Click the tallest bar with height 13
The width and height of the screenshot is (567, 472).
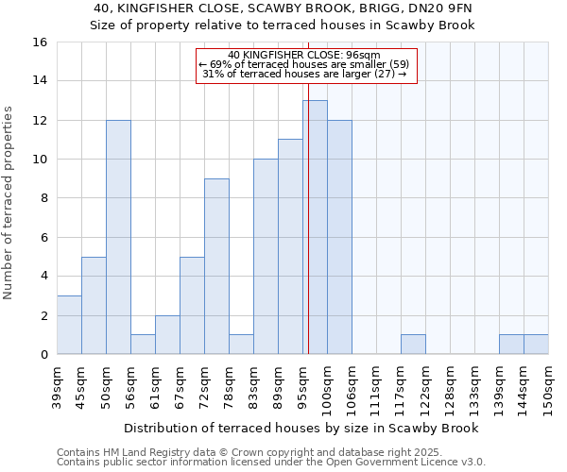click(315, 227)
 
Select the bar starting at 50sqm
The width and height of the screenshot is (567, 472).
click(118, 237)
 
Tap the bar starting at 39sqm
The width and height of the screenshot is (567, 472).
click(69, 325)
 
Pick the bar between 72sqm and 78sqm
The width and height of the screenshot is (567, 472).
click(216, 266)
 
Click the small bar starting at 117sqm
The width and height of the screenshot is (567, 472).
click(413, 345)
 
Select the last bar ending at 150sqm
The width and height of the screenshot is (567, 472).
click(536, 345)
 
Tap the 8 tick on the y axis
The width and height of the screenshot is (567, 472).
click(43, 198)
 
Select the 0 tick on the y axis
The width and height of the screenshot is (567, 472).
click(43, 355)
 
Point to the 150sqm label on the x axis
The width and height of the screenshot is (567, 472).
click(548, 387)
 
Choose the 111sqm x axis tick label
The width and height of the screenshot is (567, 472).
click(376, 387)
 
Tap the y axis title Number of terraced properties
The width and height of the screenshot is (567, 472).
click(9, 202)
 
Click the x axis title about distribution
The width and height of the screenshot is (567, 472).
click(301, 428)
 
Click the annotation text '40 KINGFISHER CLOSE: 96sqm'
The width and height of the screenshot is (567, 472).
click(304, 55)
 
